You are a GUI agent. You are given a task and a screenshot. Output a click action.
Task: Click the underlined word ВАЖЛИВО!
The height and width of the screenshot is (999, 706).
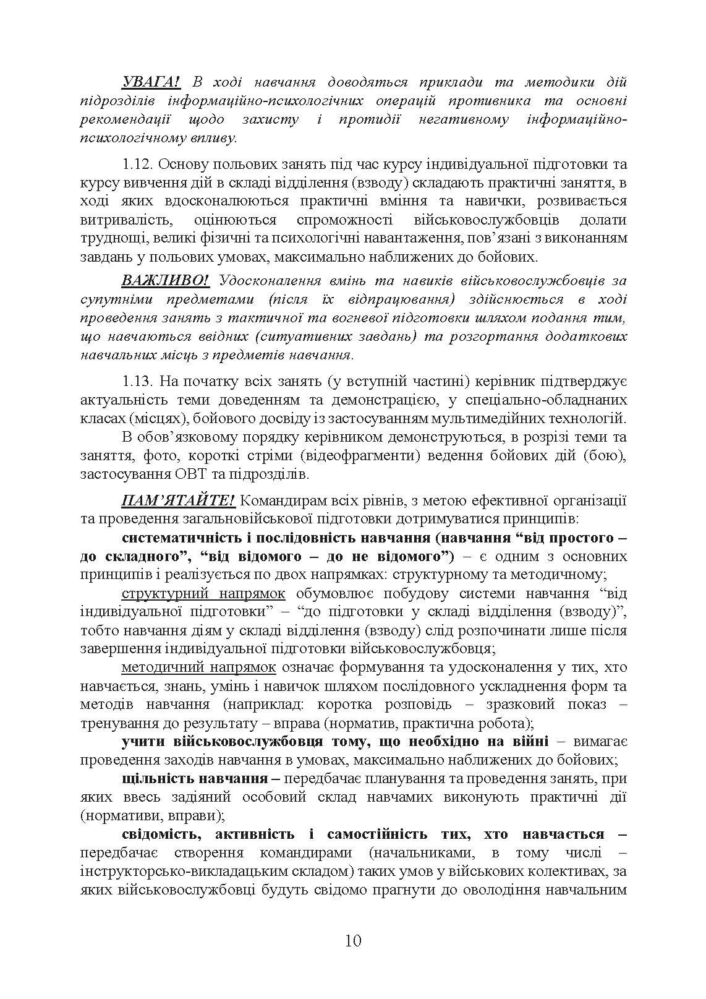coord(166,280)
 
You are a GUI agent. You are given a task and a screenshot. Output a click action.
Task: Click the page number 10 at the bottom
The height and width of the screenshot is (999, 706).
coord(353,941)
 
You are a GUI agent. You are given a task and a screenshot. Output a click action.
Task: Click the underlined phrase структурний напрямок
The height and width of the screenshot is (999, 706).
coord(203,593)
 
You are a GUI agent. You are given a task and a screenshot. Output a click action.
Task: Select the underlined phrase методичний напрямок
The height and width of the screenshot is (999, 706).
coord(198,667)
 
